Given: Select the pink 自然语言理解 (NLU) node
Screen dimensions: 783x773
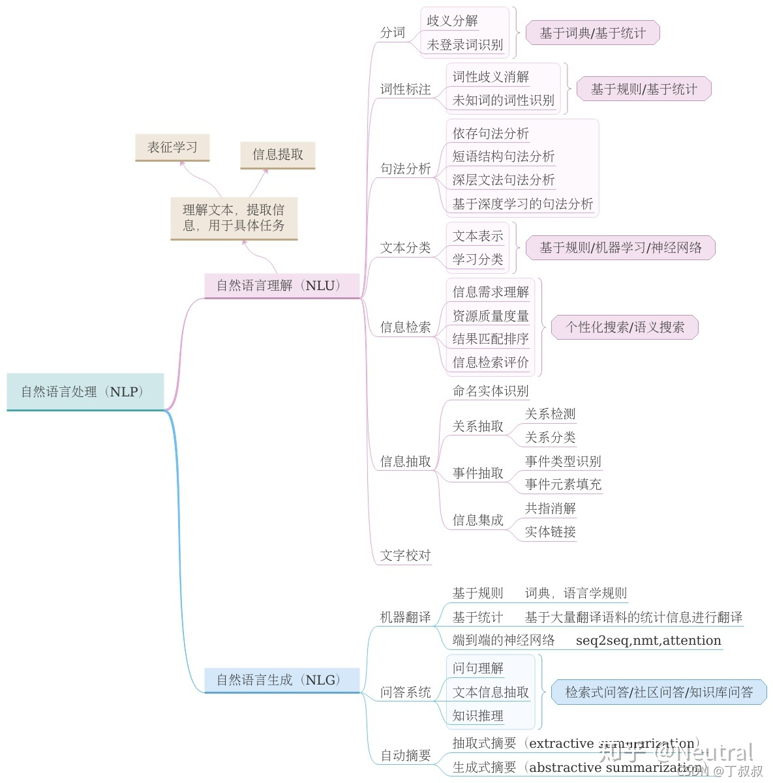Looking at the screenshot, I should pyautogui.click(x=282, y=286).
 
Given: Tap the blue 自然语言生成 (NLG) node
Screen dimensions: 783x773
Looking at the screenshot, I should pyautogui.click(x=282, y=680).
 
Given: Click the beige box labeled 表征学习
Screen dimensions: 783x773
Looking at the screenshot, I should pyautogui.click(x=172, y=147).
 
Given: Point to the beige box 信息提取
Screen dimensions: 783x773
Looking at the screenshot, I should pyautogui.click(x=278, y=155).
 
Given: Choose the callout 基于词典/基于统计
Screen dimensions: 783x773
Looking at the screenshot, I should pyautogui.click(x=592, y=33).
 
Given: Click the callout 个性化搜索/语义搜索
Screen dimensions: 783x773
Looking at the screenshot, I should pyautogui.click(x=625, y=327).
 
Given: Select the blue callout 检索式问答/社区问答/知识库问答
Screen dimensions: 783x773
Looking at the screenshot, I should pyautogui.click(x=659, y=692).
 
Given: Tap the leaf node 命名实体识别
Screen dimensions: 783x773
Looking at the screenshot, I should pyautogui.click(x=491, y=391).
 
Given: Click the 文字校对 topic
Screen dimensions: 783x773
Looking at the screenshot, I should pyautogui.click(x=406, y=555).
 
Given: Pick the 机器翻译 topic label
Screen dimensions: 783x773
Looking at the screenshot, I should pyautogui.click(x=406, y=617).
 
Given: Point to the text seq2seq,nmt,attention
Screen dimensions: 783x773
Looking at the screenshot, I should pyautogui.click(x=648, y=640).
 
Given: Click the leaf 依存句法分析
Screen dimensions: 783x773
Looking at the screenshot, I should pyautogui.click(x=491, y=134).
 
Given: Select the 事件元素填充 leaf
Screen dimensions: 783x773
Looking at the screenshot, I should pyautogui.click(x=563, y=484).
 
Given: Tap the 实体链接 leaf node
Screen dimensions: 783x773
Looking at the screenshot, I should pyautogui.click(x=550, y=532).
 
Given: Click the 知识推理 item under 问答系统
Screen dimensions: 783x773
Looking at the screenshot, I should pyautogui.click(x=478, y=716).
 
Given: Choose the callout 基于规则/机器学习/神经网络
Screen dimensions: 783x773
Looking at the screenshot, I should pyautogui.click(x=620, y=248).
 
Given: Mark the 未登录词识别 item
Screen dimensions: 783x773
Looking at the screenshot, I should pyautogui.click(x=464, y=45).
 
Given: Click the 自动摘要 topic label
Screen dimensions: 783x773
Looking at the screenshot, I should pyautogui.click(x=406, y=756).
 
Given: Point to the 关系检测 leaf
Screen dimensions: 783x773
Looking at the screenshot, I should pyautogui.click(x=550, y=414).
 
